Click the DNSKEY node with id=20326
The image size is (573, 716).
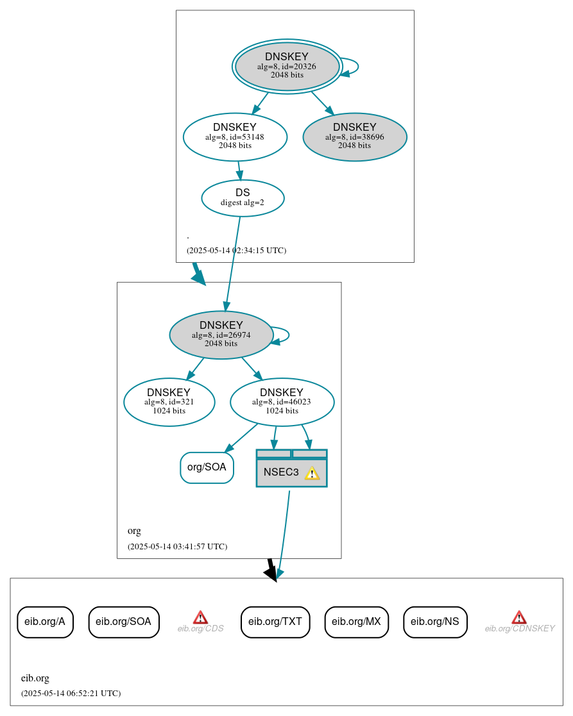[287, 66]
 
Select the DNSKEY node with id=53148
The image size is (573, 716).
[235, 137]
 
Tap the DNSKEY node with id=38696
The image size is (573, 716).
[355, 137]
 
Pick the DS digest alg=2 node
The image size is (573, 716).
[243, 197]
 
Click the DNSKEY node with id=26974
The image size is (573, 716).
[221, 335]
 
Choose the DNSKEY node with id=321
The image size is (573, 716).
[169, 402]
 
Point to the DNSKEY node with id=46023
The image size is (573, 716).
[282, 402]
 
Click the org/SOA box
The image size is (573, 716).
[207, 467]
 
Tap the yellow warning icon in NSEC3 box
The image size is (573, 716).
[312, 473]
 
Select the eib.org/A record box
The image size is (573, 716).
[45, 622]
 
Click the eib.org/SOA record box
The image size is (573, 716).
[123, 622]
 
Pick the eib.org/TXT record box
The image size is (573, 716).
[275, 622]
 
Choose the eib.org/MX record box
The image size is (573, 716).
[356, 622]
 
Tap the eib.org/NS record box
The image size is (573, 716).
[435, 622]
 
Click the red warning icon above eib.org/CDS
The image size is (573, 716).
[200, 617]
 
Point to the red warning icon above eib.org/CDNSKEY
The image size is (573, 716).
[519, 617]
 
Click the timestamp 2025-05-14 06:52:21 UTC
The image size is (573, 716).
[71, 694]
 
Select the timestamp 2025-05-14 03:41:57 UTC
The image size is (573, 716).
[177, 547]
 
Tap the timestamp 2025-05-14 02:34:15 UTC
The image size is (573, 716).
[236, 251]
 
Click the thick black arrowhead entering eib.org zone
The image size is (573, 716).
[272, 574]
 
